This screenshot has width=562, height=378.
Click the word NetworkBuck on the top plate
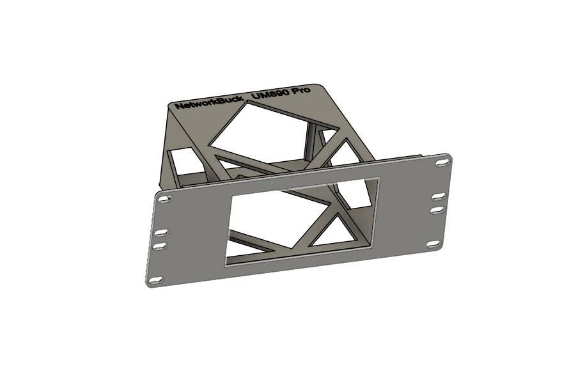[x=209, y=102]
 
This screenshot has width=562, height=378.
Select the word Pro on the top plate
[x=301, y=90]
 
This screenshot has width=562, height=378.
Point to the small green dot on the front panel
[x=272, y=183]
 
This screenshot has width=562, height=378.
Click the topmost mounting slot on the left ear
[x=164, y=198]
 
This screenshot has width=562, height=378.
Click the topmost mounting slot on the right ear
[x=442, y=162]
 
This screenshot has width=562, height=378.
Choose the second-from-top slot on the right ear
[x=439, y=196]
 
